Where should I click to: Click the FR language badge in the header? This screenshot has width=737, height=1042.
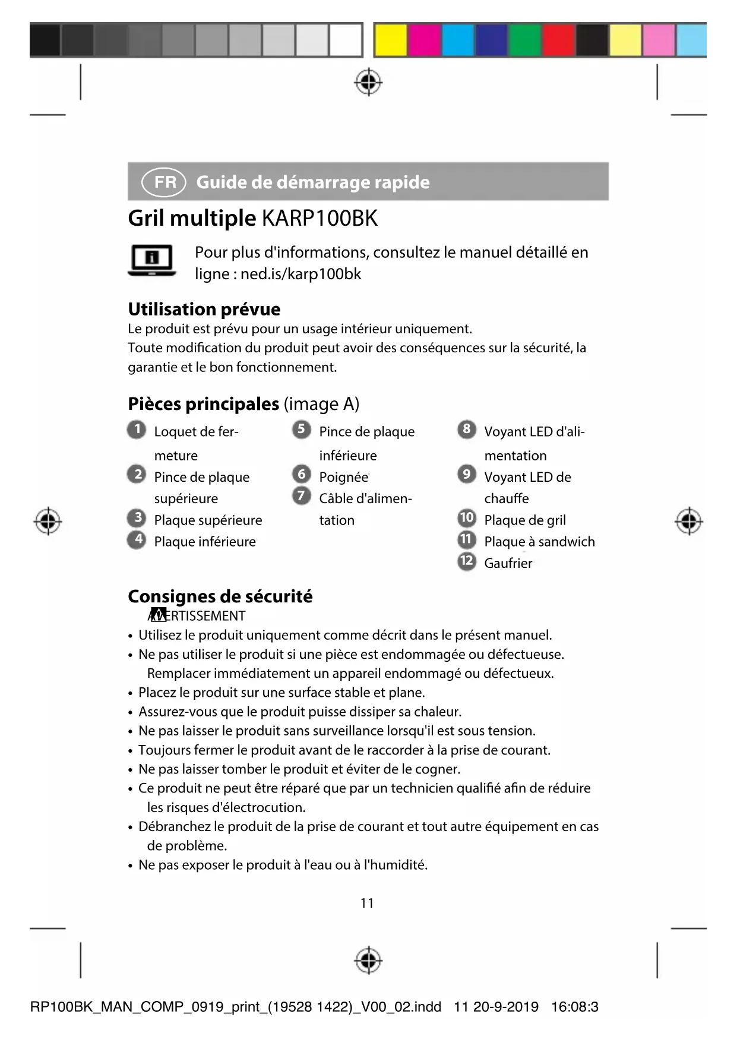pos(164,182)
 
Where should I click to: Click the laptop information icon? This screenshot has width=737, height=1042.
pos(152,261)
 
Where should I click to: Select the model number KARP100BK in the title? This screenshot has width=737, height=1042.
pos(320,219)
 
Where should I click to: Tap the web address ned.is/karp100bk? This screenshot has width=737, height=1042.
pos(301,274)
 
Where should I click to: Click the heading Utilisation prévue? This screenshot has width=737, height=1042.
pos(204,309)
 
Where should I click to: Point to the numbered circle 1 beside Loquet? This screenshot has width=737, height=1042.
pos(137,430)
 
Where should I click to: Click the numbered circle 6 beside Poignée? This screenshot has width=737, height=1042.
pos(302,474)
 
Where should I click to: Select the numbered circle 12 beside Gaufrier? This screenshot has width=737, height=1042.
pos(467,561)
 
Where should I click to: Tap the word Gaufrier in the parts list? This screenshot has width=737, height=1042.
pos(508,563)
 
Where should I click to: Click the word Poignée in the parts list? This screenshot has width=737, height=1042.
pos(343,477)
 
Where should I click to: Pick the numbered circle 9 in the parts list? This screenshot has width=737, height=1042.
pos(467,474)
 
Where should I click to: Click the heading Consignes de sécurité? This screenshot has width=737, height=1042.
pos(220,596)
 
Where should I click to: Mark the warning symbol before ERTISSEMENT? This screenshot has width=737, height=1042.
pos(157,615)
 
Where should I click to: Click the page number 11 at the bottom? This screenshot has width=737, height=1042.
pos(367,903)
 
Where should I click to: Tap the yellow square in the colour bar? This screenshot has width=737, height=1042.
pos(391,40)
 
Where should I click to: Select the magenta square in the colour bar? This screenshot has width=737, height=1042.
pos(424,40)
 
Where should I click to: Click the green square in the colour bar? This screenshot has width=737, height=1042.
pos(524,40)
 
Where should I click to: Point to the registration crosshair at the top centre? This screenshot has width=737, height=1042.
pos(368,82)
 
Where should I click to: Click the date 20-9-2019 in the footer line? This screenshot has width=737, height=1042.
pos(506,1007)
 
